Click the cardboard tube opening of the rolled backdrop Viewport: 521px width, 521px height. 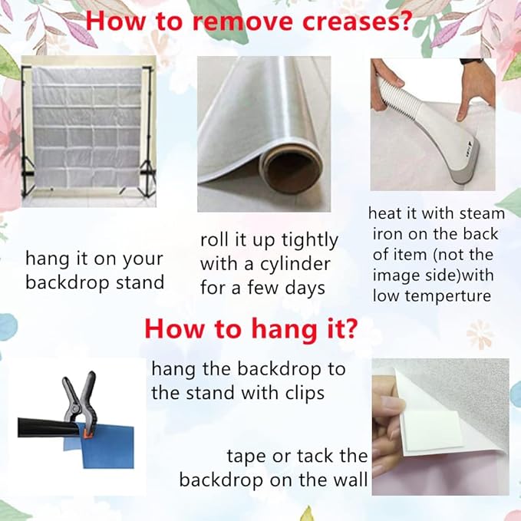(x=292, y=170)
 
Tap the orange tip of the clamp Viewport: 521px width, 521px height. (x=87, y=434)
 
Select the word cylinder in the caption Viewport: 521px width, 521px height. (x=295, y=265)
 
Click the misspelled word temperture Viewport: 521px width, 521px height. (x=448, y=296)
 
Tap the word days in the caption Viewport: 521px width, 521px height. (x=305, y=288)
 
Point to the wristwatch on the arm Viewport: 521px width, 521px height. (x=471, y=61)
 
